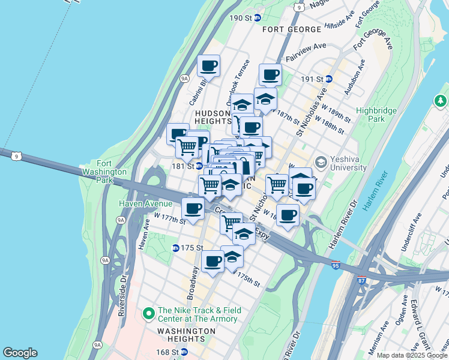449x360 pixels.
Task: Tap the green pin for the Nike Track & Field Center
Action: click(148, 313)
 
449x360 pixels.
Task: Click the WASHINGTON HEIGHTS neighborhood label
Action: click(190, 335)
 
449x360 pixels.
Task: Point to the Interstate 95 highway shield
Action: click(336, 264)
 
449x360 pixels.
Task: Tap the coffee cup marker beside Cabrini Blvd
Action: click(208, 66)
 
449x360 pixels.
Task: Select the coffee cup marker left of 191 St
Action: click(270, 75)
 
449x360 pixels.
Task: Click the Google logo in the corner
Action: click(20, 353)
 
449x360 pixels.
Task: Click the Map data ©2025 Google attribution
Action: click(411, 355)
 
